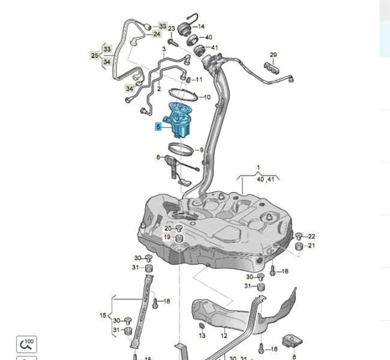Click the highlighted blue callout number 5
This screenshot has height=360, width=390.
[158, 127]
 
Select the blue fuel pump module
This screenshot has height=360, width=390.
[179, 119]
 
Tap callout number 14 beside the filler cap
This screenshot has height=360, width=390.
[201, 26]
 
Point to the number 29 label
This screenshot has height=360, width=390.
[273, 55]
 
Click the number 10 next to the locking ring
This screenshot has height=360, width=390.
[207, 97]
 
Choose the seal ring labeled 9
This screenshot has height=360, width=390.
[181, 149]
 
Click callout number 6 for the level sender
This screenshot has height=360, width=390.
[158, 157]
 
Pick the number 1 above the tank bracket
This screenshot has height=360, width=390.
[259, 167]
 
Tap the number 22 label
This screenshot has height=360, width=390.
[311, 236]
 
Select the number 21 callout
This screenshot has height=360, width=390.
[311, 245]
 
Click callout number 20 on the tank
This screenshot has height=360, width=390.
[168, 228]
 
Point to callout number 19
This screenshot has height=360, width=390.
[167, 237]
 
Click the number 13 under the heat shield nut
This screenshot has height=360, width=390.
[202, 335]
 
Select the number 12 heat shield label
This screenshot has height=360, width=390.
[224, 335]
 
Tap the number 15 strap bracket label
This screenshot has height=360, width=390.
[103, 315]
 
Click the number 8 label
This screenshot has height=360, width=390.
[294, 357]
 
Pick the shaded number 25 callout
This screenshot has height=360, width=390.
[95, 55]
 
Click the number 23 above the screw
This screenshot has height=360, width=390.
[172, 29]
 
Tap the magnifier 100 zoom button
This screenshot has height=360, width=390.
[26, 344]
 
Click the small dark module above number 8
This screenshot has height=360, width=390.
[292, 341]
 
